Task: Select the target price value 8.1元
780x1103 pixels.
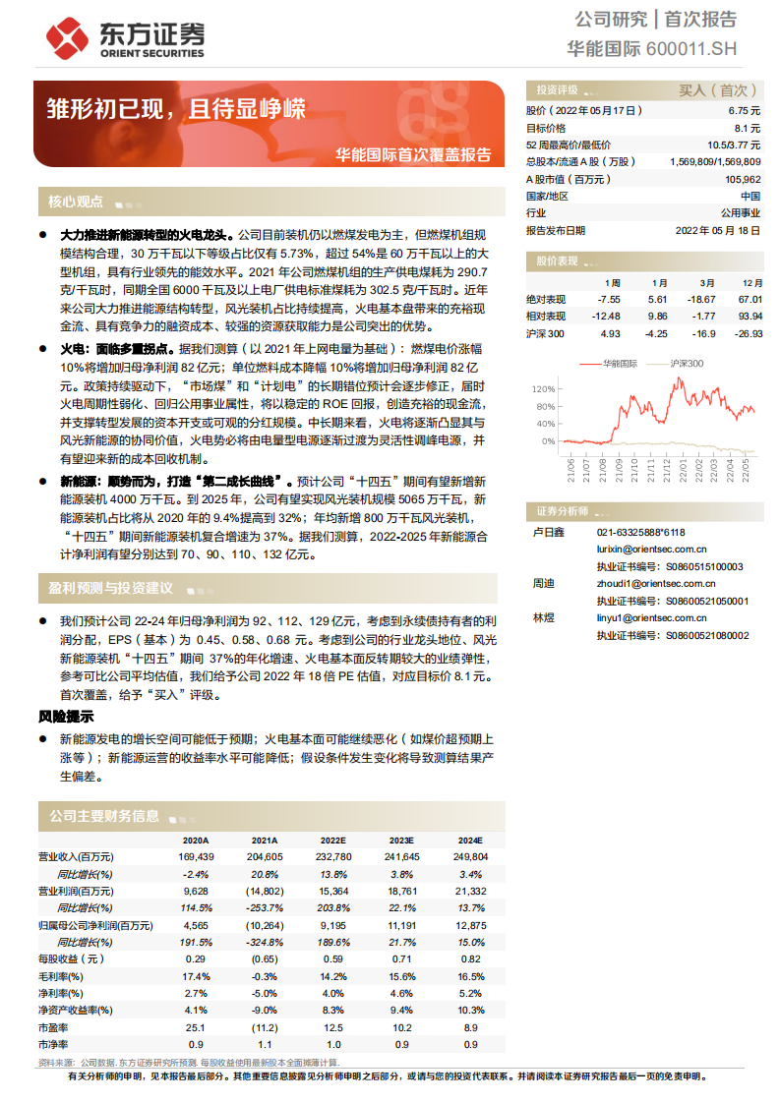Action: tap(747, 128)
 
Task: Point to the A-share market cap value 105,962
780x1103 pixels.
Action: tap(743, 179)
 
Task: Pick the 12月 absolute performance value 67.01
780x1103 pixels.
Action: tap(750, 298)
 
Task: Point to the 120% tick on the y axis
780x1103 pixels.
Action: tap(543, 389)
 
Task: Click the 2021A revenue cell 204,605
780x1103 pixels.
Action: tap(266, 857)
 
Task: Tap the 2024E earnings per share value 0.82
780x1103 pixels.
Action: tap(471, 958)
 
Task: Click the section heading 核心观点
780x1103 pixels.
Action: tap(76, 202)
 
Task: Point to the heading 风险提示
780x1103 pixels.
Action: tap(66, 716)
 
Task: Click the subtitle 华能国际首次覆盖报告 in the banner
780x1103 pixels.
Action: tap(413, 154)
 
